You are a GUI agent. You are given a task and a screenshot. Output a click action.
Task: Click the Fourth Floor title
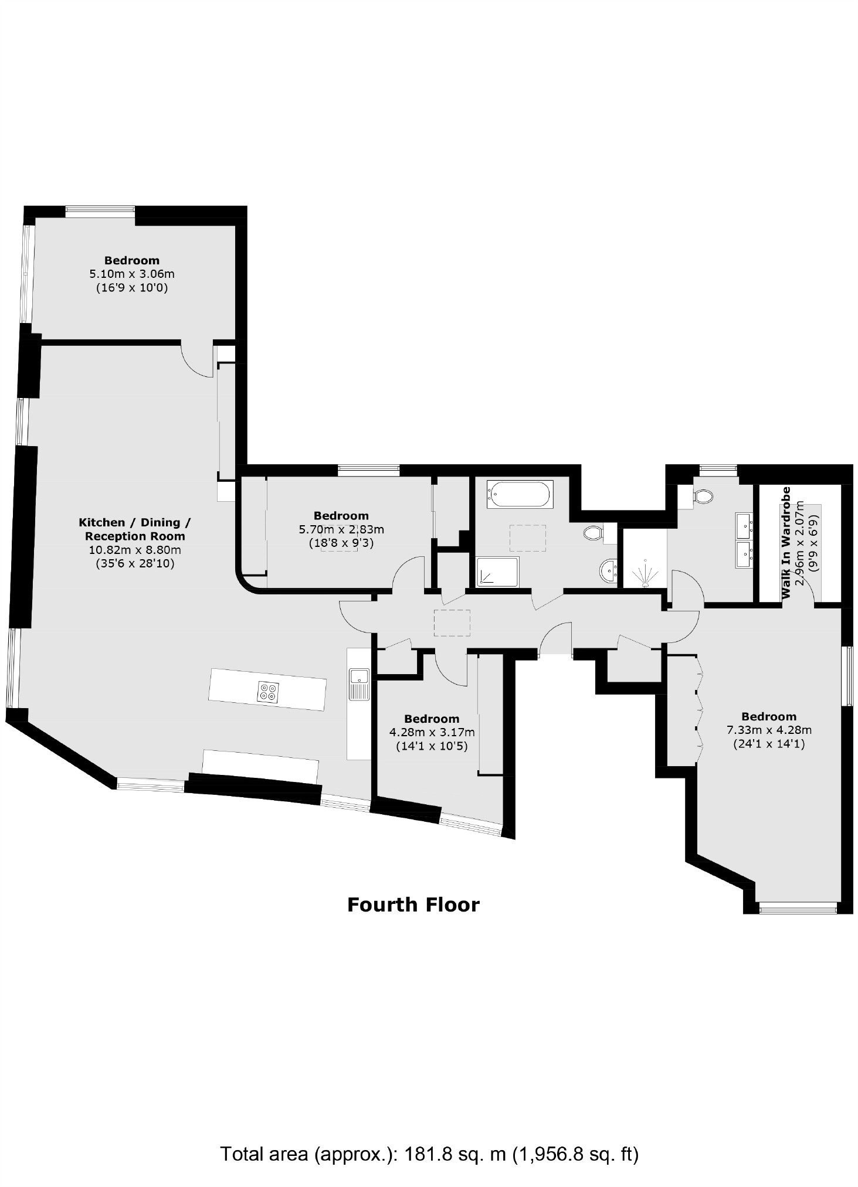(413, 904)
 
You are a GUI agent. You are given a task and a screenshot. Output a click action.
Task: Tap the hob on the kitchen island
(268, 692)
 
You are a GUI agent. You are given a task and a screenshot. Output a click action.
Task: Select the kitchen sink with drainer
(358, 683)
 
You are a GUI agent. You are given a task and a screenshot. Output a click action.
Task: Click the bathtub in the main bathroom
(519, 495)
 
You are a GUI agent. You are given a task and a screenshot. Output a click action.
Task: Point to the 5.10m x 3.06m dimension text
(131, 274)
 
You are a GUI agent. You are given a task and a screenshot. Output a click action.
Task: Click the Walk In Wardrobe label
(786, 542)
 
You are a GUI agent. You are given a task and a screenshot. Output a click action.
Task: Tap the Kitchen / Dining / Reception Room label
(134, 529)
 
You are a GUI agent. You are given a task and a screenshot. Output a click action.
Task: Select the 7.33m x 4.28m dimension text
(768, 730)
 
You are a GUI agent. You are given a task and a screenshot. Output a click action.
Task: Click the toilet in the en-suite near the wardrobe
(702, 496)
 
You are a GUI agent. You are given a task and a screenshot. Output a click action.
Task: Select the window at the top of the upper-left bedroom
(100, 212)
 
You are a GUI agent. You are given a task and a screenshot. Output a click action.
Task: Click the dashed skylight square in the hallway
(452, 623)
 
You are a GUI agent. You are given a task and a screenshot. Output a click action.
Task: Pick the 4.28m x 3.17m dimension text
(432, 732)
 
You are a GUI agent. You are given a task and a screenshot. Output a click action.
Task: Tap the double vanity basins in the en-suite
(744, 540)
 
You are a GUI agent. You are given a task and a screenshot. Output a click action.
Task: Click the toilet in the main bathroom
(593, 533)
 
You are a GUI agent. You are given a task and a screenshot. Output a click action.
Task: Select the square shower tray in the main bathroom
(497, 572)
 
